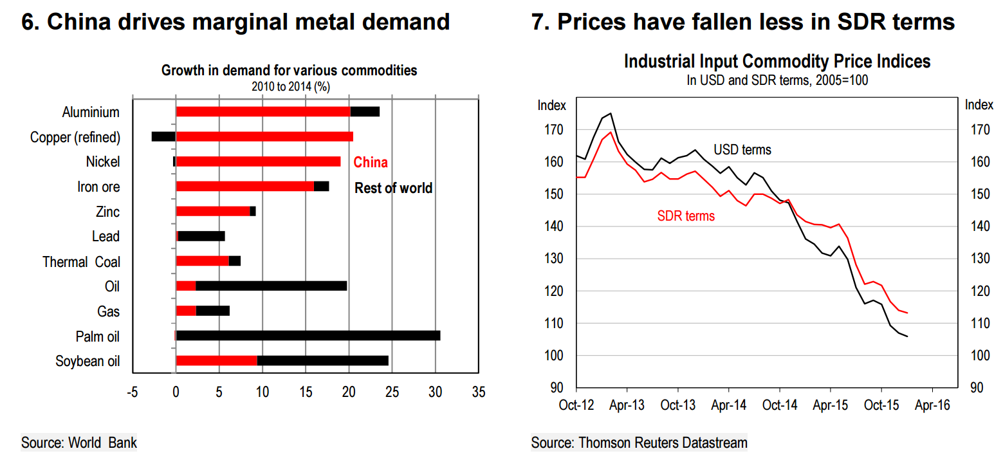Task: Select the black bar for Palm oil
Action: click(x=308, y=335)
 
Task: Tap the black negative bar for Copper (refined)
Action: click(x=163, y=136)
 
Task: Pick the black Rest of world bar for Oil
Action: click(x=271, y=286)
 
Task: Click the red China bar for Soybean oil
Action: click(x=216, y=360)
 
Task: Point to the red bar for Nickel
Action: click(x=258, y=161)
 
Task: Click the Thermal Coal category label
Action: click(x=81, y=262)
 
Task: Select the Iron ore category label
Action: click(x=98, y=187)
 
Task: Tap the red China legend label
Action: click(x=371, y=163)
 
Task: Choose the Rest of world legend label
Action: click(x=393, y=188)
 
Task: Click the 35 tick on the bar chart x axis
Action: click(x=479, y=391)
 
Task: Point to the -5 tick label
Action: click(x=132, y=391)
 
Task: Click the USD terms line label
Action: click(x=742, y=150)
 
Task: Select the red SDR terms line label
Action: click(x=686, y=216)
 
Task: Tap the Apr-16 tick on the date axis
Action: click(x=932, y=405)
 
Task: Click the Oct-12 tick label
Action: click(x=576, y=405)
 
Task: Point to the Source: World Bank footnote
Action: click(x=79, y=443)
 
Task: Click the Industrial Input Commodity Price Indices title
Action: click(x=777, y=62)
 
